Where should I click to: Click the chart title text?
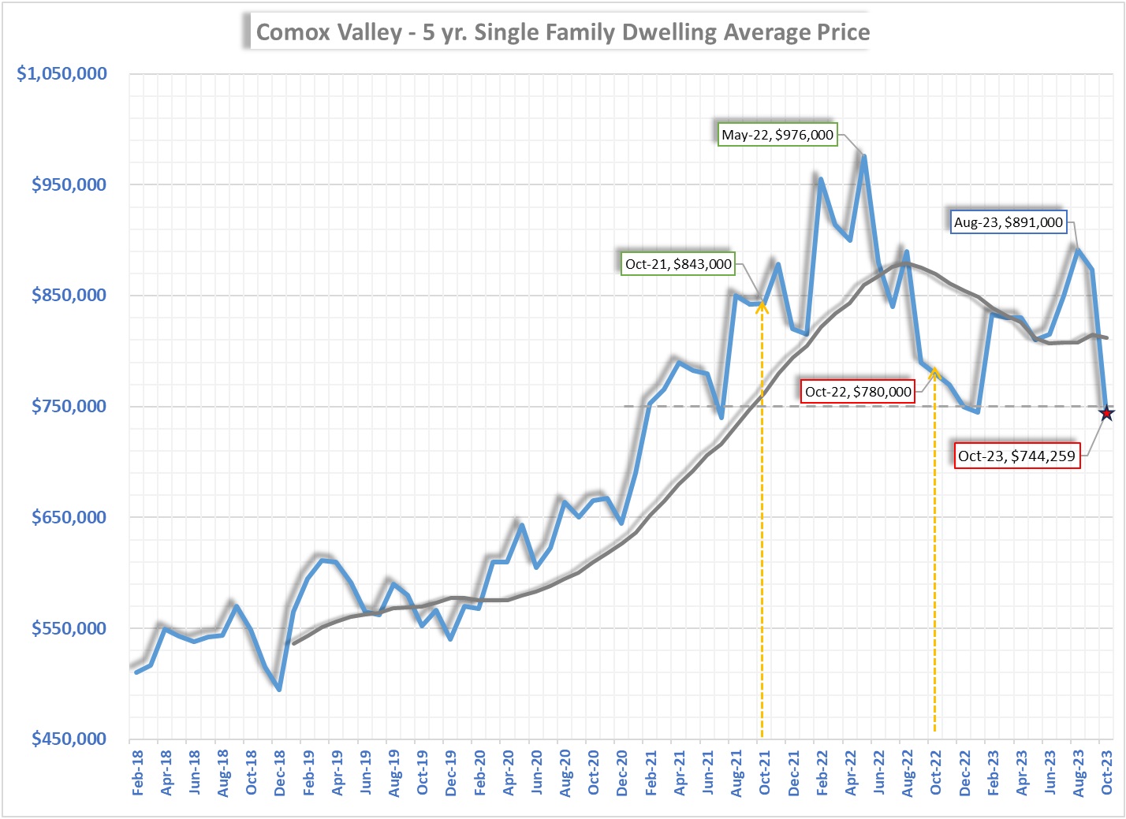coord(562,32)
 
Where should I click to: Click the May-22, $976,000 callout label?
coord(777,135)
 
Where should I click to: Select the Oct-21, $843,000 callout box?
coord(678,264)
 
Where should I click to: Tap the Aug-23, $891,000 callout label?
coord(1008,222)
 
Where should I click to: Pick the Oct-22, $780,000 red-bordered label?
coord(858,392)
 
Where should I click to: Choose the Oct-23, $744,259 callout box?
coord(1016,456)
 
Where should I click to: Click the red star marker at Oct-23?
coord(1106,413)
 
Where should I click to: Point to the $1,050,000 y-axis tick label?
coord(62,73)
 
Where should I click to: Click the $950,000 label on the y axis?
coord(69,184)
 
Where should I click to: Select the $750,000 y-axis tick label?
coord(69,406)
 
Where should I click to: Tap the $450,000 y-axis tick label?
coord(69,739)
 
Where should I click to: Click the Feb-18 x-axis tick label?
coord(137,772)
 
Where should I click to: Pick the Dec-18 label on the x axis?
coord(280,772)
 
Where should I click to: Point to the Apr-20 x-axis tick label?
coord(508,772)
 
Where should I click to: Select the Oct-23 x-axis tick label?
coord(1106,772)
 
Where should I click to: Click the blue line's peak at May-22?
coord(864,156)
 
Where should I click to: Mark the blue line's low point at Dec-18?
coord(279,689)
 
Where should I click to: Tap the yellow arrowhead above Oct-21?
coord(762,306)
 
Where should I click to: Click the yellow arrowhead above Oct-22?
coord(934,372)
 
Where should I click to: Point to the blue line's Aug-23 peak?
coord(1077,250)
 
